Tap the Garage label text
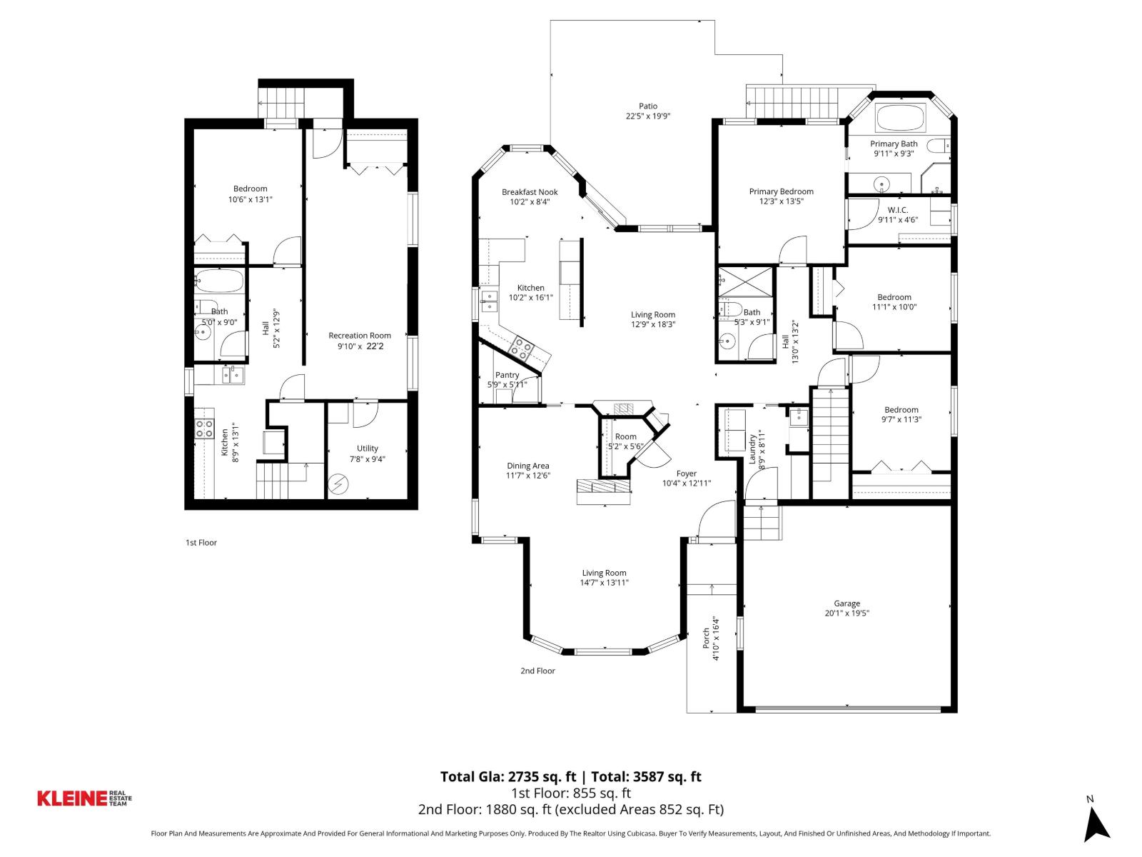pos(847,603)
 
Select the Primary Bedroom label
pos(781,191)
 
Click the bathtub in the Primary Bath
pos(900,118)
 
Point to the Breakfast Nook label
pos(530,192)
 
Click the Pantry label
pos(507,375)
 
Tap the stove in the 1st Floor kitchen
pos(205,428)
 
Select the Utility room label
pos(368,448)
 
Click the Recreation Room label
pos(360,336)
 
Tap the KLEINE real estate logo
pos(84,798)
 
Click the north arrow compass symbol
pos(1096,825)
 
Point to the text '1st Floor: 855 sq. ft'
pos(571,793)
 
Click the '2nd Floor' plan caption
pos(537,671)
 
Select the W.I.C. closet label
pos(897,210)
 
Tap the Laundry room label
pos(752,449)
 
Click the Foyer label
pos(686,473)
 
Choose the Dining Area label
pos(528,466)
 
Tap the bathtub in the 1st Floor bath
pos(219,281)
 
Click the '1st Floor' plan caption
pos(201,543)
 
